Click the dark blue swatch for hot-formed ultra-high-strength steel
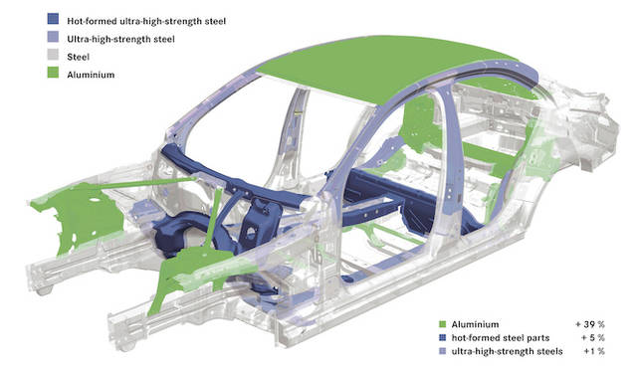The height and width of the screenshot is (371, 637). click(53, 19)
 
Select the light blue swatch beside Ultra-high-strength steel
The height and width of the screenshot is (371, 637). click(53, 37)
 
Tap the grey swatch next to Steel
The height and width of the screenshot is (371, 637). click(53, 55)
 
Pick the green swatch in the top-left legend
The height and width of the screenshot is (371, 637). click(53, 73)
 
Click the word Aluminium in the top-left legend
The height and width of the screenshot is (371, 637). click(91, 75)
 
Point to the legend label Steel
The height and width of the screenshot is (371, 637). click(78, 57)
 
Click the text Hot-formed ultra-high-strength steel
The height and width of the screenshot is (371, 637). click(146, 21)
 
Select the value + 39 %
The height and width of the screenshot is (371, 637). click(590, 324)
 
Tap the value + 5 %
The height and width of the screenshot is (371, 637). click(593, 338)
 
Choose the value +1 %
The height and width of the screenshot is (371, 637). click(594, 351)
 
